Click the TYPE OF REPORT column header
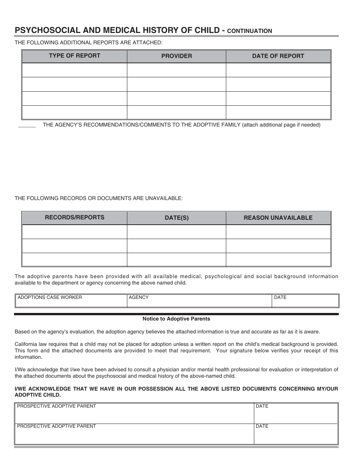click(x=74, y=56)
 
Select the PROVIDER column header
click(x=177, y=56)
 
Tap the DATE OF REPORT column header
click(x=278, y=56)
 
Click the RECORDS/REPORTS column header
click(x=74, y=217)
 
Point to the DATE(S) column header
click(x=177, y=218)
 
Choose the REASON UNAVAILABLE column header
click(x=278, y=218)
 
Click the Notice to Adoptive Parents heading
click(x=176, y=319)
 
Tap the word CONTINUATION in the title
click(x=250, y=31)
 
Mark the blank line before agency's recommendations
click(x=27, y=126)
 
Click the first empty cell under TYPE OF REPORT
click(x=74, y=70)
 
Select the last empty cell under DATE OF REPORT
click(x=278, y=113)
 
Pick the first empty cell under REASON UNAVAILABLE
click(x=278, y=232)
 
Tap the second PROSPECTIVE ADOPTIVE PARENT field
click(x=134, y=434)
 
